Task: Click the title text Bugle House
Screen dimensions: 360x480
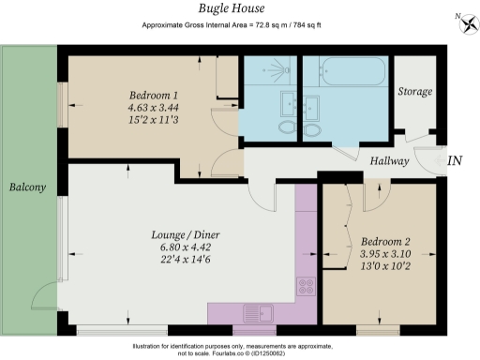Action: coord(240,8)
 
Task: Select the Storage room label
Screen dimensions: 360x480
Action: coord(413,91)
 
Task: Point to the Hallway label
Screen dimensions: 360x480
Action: coord(388,161)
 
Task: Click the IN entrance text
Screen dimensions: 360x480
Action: coord(455,161)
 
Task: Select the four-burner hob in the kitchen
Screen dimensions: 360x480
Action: coord(307,285)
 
